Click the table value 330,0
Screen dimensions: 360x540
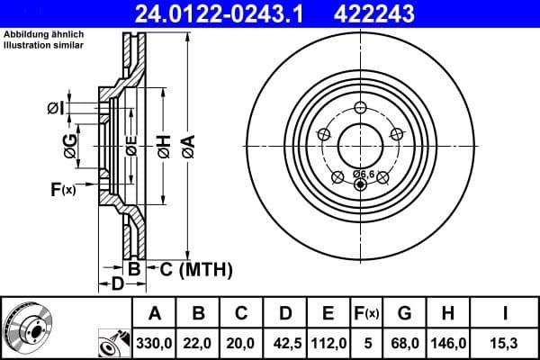pos(155,343)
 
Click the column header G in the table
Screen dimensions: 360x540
pos(404,313)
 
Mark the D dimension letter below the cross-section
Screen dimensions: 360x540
pos(117,284)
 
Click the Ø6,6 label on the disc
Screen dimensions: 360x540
pos(363,173)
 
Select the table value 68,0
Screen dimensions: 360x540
pos(404,343)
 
